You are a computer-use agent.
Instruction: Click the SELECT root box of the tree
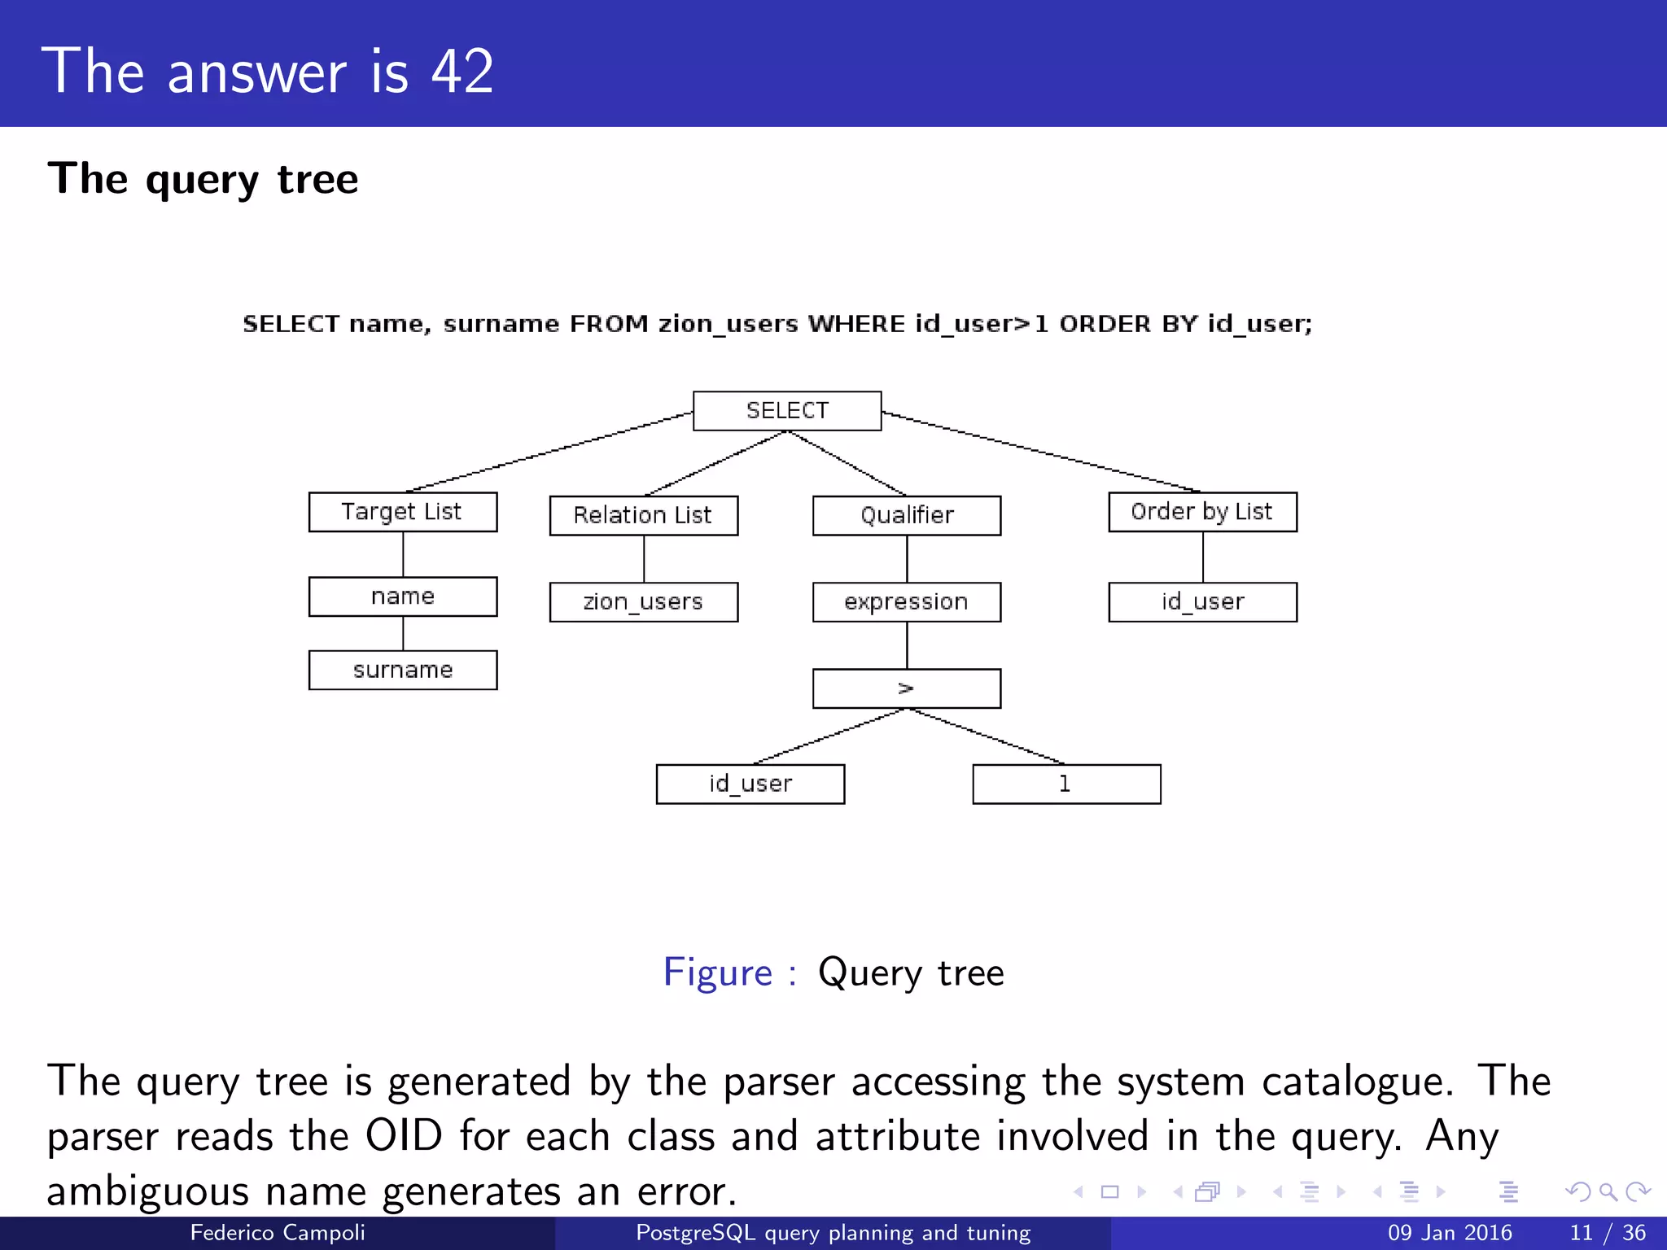tap(786, 411)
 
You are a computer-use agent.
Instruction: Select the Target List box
tap(403, 512)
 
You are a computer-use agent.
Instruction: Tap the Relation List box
tap(643, 516)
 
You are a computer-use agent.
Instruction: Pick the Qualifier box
tap(907, 516)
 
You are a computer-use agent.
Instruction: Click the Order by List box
tap(1202, 512)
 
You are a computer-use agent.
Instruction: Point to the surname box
tap(403, 670)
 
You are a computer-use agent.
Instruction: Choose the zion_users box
tap(643, 602)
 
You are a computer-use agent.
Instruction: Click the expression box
tap(907, 602)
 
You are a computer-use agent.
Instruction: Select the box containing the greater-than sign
tap(907, 688)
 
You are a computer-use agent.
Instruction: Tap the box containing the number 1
tap(1066, 784)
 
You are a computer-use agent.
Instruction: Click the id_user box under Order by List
tap(1202, 602)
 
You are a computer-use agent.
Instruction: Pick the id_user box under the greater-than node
tap(750, 784)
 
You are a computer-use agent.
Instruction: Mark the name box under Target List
tap(403, 597)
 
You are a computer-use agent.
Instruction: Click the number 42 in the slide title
tap(462, 72)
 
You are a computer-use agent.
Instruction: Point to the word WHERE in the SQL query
tap(856, 324)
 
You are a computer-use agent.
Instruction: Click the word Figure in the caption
tap(717, 972)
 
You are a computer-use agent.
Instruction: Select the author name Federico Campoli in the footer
tap(278, 1233)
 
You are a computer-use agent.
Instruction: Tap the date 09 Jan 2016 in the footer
tap(1450, 1233)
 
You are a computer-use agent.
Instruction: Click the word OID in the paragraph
tap(404, 1136)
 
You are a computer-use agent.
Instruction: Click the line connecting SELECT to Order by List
tap(1042, 452)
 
